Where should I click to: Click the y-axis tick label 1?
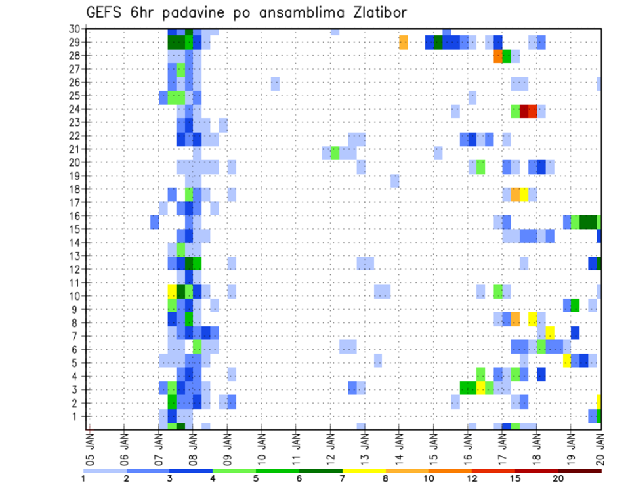77,416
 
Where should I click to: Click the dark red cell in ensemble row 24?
524,112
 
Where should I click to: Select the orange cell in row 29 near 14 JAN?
404,43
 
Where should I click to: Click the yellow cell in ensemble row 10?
172,290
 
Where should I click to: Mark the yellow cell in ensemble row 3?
481,387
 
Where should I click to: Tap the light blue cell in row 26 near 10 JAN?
275,83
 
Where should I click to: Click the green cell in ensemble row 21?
335,153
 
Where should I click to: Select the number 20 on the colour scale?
558,478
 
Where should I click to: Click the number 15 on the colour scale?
515,478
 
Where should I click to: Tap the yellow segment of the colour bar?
364,471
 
